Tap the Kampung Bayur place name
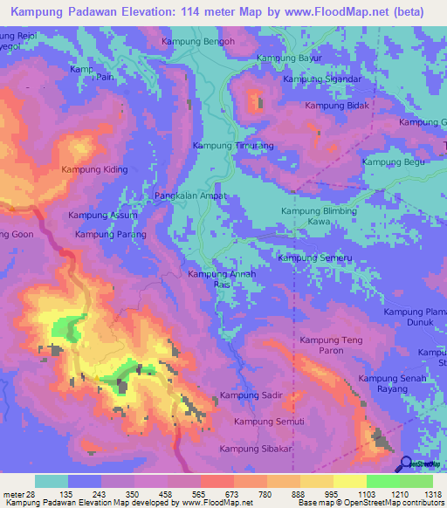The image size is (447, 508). (289, 58)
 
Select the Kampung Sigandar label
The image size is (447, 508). (322, 79)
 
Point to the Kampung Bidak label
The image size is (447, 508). (336, 106)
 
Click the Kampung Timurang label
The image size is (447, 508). (232, 146)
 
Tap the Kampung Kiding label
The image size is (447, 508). (94, 170)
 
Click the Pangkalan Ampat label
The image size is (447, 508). (190, 196)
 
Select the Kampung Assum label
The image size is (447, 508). (102, 215)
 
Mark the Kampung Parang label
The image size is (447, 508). (110, 234)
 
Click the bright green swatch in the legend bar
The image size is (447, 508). (382, 482)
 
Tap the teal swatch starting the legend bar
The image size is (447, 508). (52, 482)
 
